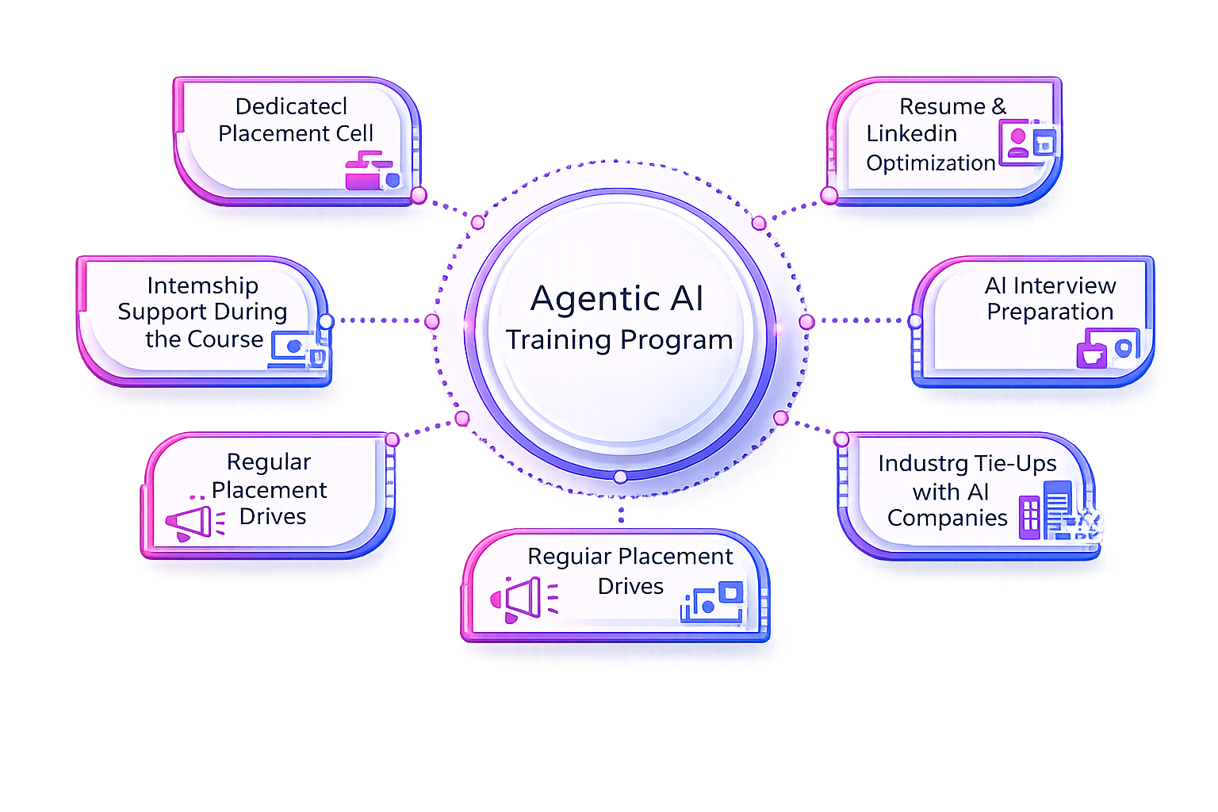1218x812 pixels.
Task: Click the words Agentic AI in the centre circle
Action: tap(617, 299)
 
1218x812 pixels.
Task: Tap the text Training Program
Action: tap(619, 339)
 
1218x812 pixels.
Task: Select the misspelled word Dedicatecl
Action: tap(291, 106)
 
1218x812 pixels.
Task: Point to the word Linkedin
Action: tap(911, 134)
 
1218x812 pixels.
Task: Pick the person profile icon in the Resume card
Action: tap(1018, 143)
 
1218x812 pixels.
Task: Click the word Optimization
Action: tap(930, 163)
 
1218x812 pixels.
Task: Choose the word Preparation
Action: tap(1050, 312)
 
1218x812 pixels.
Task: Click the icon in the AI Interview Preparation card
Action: tap(1107, 349)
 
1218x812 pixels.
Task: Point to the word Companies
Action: tap(947, 518)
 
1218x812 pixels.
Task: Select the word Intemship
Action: tap(202, 285)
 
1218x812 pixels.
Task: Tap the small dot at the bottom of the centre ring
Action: tap(620, 477)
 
